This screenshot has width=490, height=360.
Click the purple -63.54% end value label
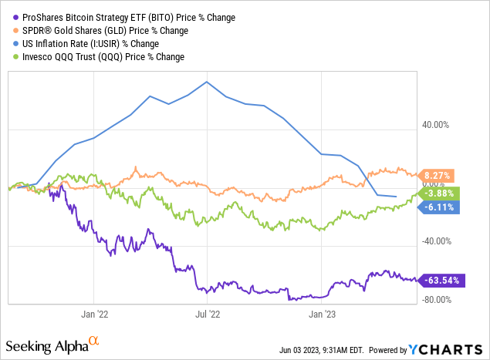442,280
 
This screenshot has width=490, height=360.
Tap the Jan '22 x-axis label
93,315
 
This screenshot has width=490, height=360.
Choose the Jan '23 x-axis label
322,315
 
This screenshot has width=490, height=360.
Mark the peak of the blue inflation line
207,82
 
